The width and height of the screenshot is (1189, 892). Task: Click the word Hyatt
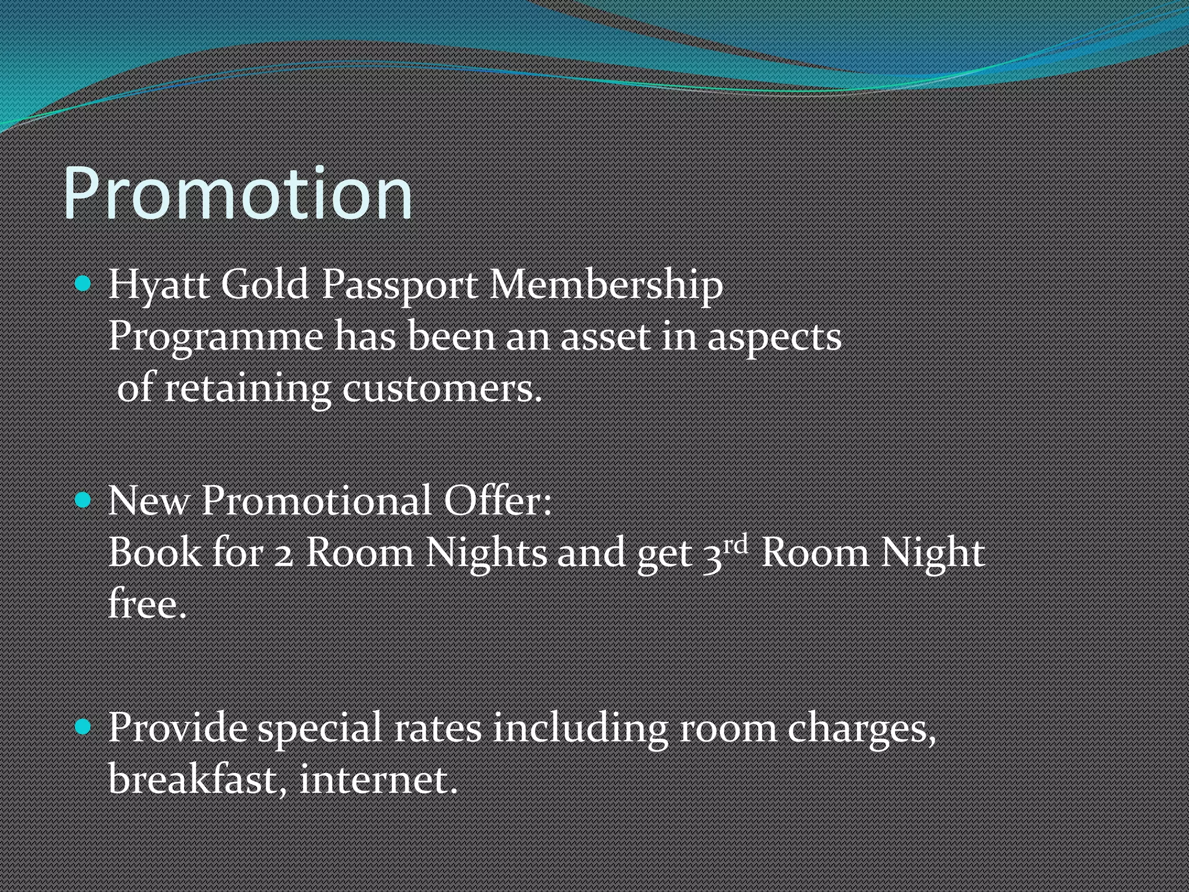click(x=158, y=285)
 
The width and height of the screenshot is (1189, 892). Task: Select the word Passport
click(x=399, y=286)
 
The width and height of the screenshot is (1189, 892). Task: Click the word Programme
click(x=215, y=337)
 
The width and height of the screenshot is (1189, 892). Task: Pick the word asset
click(x=605, y=337)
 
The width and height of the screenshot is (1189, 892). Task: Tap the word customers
click(x=442, y=389)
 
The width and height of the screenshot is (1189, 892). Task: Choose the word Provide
click(x=177, y=727)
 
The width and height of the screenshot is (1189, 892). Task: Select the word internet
click(x=378, y=779)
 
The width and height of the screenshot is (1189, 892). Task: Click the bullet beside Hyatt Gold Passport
click(x=84, y=284)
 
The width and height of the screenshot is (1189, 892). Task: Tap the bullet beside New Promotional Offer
click(x=84, y=499)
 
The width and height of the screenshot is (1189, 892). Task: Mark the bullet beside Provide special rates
click(x=84, y=726)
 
